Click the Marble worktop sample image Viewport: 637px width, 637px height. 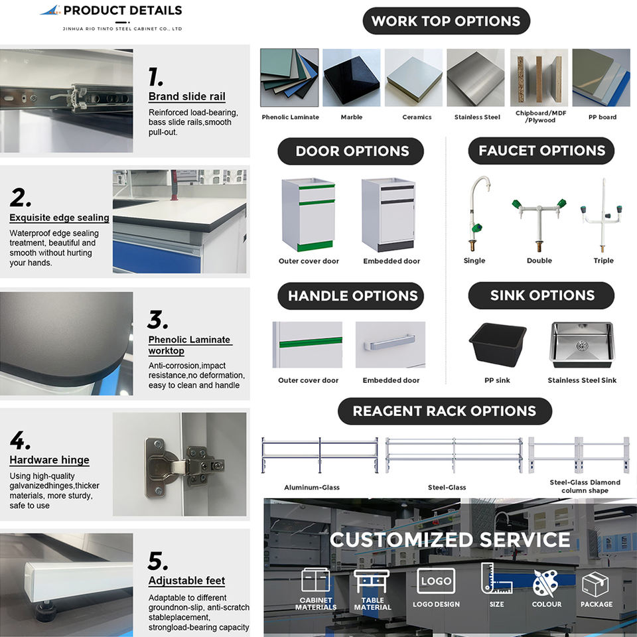[x=351, y=78]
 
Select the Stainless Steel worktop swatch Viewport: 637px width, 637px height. [x=475, y=78]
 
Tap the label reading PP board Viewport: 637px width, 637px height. [x=602, y=117]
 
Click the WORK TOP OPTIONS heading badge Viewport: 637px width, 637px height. [x=446, y=21]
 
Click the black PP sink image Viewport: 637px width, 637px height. [x=498, y=343]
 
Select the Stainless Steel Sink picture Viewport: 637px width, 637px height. [x=582, y=344]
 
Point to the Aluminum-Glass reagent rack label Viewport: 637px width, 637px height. [x=312, y=488]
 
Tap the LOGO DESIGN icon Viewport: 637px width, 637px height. [x=436, y=581]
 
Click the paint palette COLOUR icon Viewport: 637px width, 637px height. [x=546, y=583]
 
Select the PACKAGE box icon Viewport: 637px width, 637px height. [x=595, y=584]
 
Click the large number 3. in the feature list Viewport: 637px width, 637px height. [x=158, y=320]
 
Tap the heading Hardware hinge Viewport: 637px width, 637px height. [x=49, y=460]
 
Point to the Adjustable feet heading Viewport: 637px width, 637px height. [x=186, y=581]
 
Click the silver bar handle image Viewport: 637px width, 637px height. [x=390, y=344]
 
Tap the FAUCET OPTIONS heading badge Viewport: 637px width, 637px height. [x=541, y=151]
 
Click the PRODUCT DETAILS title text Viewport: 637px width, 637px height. [x=122, y=11]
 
